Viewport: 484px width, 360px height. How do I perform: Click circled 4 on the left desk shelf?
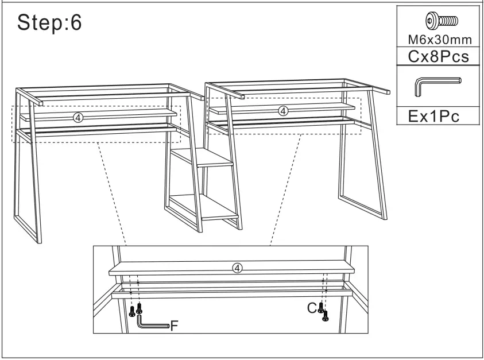coord(79,117)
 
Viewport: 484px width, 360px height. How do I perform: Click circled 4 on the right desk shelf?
coord(282,110)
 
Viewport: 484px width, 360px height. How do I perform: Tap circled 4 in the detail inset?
coord(238,268)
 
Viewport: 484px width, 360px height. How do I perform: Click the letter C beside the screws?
coord(311,308)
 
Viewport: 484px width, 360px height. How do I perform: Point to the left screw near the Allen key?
coord(132,312)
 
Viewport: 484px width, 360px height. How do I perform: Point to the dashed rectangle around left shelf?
coord(13,125)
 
